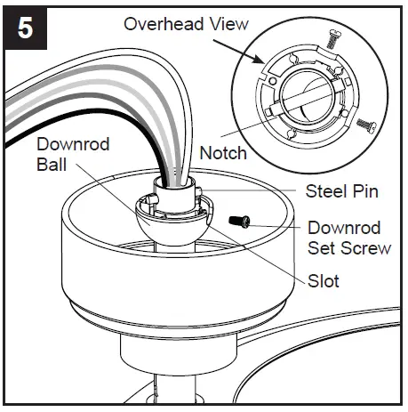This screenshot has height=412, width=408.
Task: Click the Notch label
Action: [223, 154]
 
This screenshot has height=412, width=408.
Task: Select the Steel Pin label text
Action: [342, 191]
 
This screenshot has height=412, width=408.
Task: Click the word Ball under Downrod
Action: [52, 165]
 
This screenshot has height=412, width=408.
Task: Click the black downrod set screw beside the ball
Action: [238, 219]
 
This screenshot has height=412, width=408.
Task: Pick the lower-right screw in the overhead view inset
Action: [362, 124]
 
